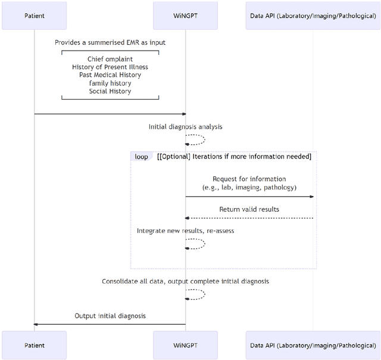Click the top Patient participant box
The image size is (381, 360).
(x=34, y=15)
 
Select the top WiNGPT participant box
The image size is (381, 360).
(x=185, y=15)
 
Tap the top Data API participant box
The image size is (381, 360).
(x=313, y=15)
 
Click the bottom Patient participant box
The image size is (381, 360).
(x=34, y=345)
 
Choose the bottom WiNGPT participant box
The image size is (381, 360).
(x=185, y=345)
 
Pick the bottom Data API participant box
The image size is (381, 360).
(x=313, y=345)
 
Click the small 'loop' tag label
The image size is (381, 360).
(x=141, y=157)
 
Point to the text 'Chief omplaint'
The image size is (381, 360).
(x=110, y=59)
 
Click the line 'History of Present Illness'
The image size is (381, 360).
(x=110, y=67)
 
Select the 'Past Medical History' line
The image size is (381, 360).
(x=110, y=75)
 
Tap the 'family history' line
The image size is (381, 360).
(x=110, y=83)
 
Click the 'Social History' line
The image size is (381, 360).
(x=110, y=91)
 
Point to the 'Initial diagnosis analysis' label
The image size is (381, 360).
(x=185, y=127)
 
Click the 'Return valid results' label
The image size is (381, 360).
(x=249, y=209)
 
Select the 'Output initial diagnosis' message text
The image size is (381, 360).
(x=110, y=316)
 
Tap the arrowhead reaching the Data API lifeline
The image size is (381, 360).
(x=311, y=197)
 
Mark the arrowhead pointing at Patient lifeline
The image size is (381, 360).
(x=36, y=325)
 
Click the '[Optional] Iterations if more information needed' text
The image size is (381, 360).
(x=234, y=157)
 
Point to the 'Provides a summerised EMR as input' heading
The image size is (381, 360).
(x=110, y=42)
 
